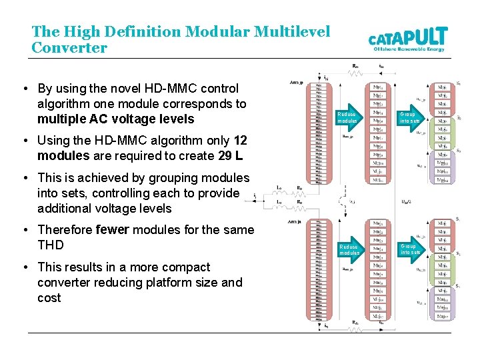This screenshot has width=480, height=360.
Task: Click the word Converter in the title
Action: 69,48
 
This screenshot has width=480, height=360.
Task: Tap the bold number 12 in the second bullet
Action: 241,141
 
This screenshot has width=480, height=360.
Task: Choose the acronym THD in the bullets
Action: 51,245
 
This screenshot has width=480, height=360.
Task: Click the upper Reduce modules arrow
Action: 348,117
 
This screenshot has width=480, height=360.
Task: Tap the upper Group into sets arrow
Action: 409,117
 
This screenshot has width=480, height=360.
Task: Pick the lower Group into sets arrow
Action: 409,249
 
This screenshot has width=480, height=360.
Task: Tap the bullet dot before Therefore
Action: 24,231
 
